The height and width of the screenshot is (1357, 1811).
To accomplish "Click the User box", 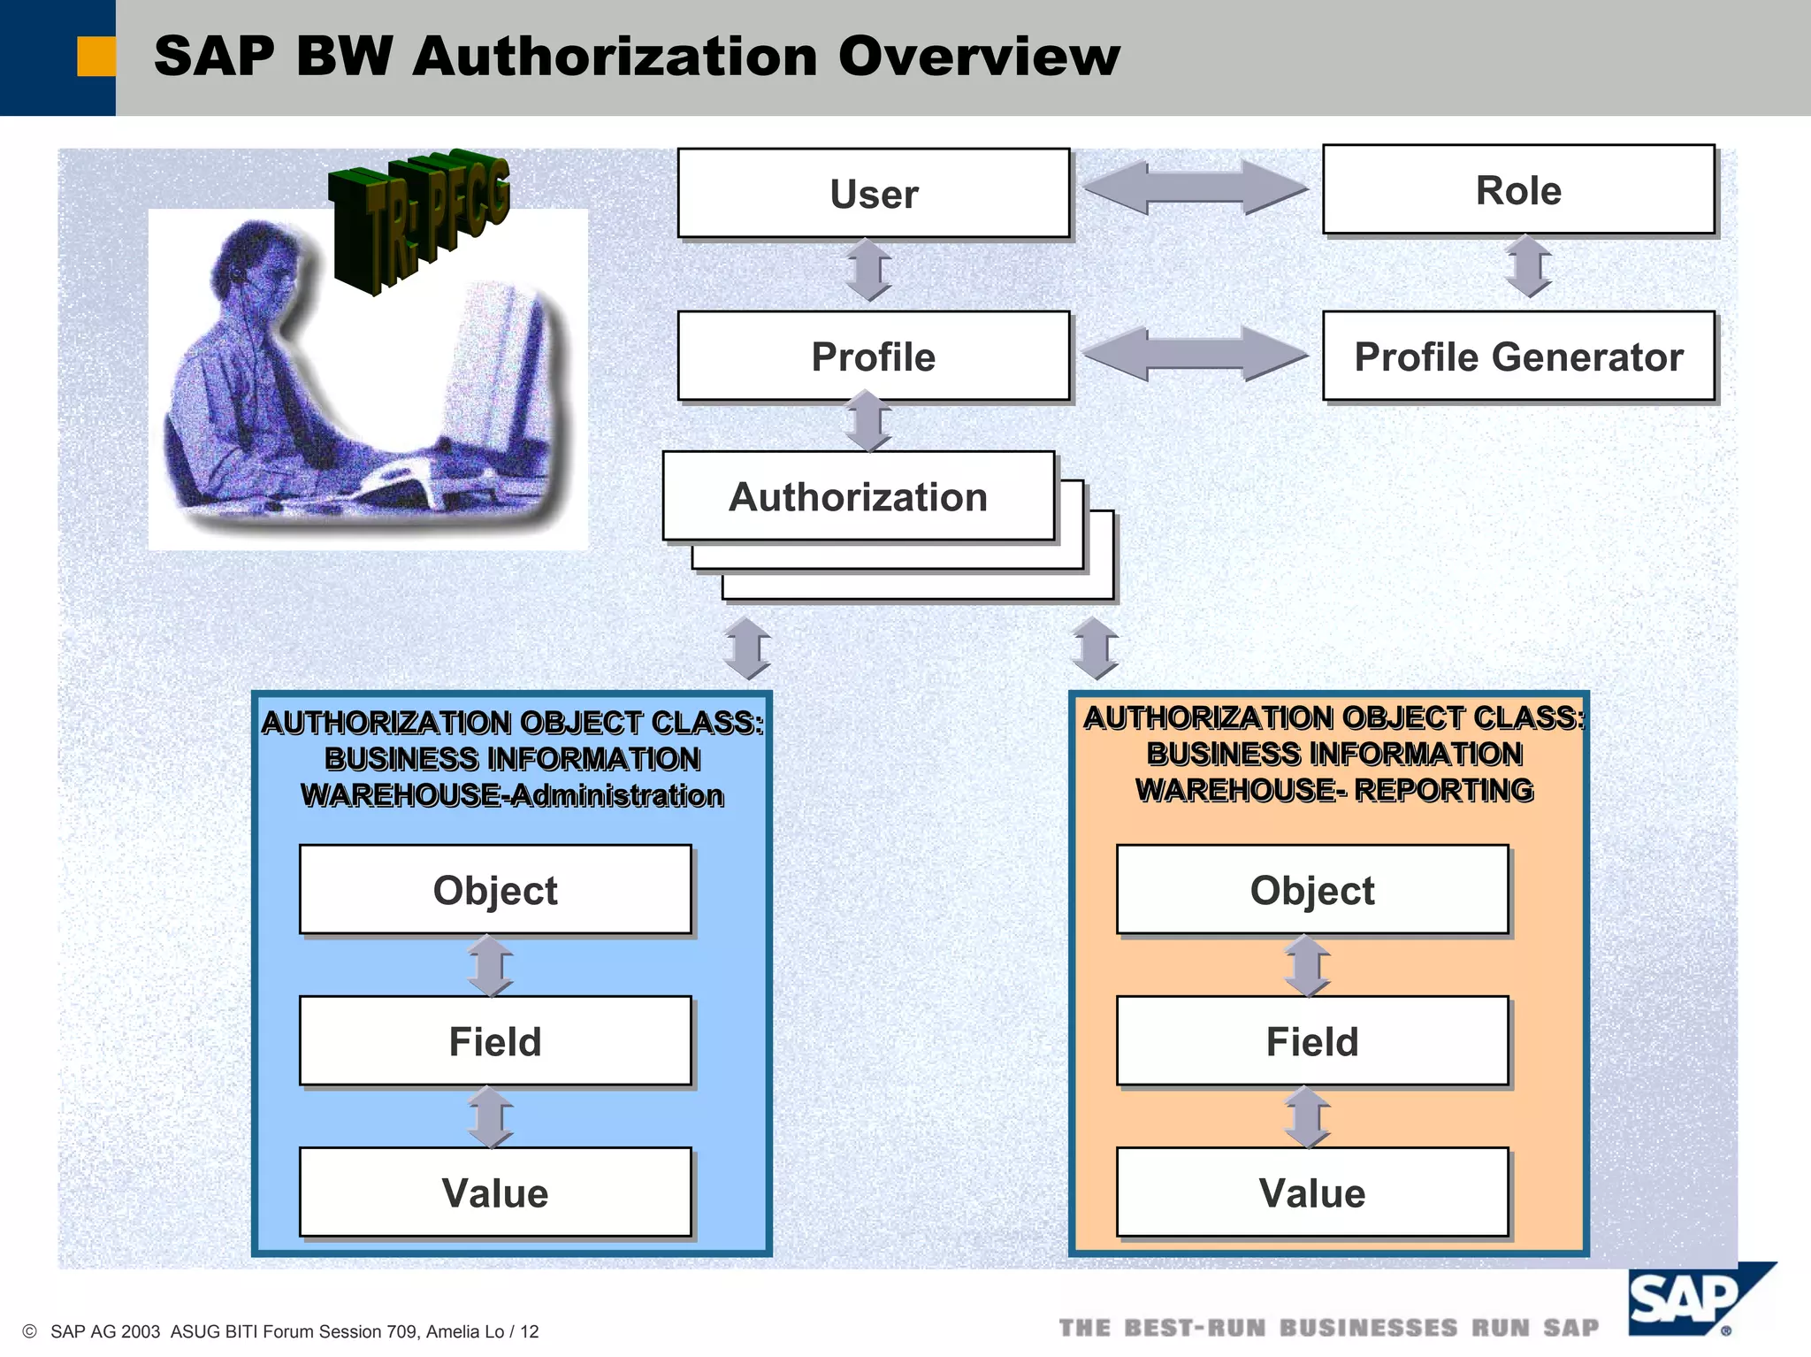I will pos(874,193).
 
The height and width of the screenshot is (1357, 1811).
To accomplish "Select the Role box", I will pos(1518,189).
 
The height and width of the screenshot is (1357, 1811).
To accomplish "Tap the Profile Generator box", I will pos(1518,356).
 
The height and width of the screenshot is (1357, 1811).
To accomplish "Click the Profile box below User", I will pos(874,356).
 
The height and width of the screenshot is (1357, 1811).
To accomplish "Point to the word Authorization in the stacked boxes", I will pos(858,496).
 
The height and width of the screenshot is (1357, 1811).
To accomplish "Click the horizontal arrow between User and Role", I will pos(1196,188).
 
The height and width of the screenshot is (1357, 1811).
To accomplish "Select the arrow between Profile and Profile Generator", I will pos(1196,354).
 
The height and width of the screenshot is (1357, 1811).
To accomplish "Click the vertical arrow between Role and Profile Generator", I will pos(1528,265).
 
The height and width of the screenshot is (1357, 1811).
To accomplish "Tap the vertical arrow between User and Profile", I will pos(868,270).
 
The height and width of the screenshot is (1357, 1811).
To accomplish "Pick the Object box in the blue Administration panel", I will pos(495,889).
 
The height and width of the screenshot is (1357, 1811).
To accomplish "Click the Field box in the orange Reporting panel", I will pos(1312,1040).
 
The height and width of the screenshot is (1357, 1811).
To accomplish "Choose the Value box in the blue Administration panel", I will pos(495,1192).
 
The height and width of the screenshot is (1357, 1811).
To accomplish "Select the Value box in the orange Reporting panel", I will pos(1312,1192).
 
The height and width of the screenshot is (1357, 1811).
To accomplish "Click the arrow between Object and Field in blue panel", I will pos(491,965).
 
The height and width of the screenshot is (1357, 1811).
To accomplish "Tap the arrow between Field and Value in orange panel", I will pos(1308,1116).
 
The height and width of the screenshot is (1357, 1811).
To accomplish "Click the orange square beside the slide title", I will pos(96,57).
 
